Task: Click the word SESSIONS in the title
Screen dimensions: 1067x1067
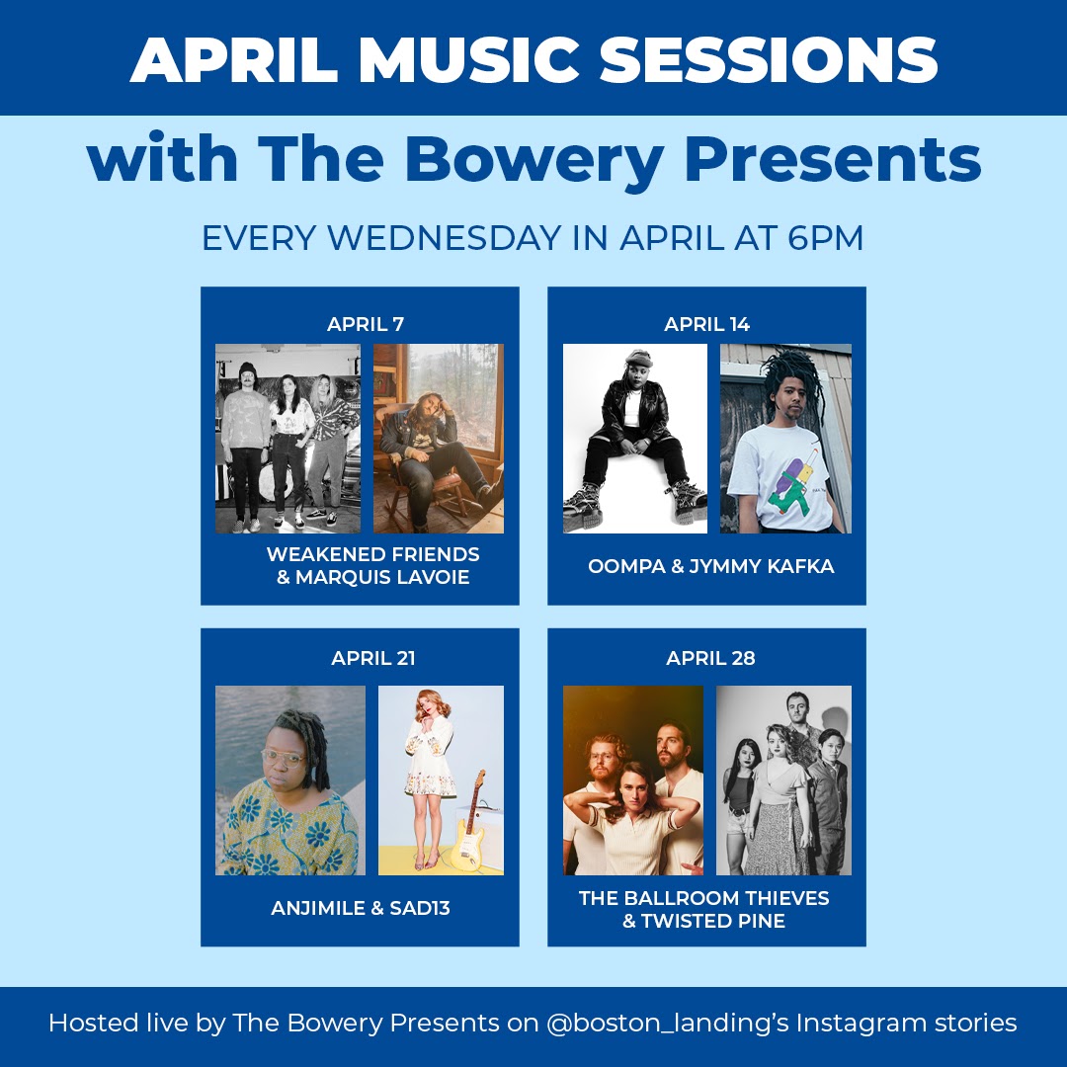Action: click(x=769, y=59)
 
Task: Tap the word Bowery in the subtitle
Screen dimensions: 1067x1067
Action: click(x=534, y=160)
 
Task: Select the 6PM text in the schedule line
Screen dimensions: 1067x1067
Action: click(x=825, y=238)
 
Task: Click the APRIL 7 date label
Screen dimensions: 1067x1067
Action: click(x=366, y=324)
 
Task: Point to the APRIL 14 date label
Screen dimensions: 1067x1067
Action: click(x=707, y=324)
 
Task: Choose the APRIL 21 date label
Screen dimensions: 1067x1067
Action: click(x=372, y=658)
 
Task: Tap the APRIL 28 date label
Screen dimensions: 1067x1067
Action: click(x=710, y=658)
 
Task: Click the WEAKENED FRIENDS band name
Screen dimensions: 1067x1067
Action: click(x=372, y=554)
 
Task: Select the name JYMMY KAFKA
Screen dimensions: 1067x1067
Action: click(x=762, y=566)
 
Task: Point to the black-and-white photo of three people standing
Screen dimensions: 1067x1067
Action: click(x=287, y=439)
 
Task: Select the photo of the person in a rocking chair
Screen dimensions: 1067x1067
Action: click(x=439, y=439)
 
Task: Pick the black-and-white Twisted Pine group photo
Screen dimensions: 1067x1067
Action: click(x=783, y=780)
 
